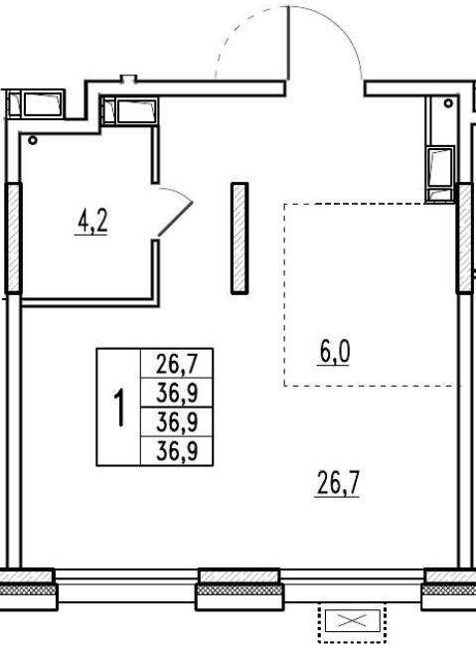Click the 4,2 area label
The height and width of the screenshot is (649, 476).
click(x=92, y=222)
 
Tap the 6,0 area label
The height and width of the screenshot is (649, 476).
click(x=335, y=352)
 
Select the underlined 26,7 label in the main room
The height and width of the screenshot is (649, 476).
click(x=338, y=483)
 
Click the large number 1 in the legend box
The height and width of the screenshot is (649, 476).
click(x=119, y=407)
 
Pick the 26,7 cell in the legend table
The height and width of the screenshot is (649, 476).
click(x=177, y=364)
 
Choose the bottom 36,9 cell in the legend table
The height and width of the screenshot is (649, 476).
click(x=177, y=451)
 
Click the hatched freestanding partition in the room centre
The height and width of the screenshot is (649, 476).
click(x=239, y=239)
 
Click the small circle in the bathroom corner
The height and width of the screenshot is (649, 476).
click(x=33, y=141)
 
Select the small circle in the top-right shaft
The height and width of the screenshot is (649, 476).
click(x=448, y=103)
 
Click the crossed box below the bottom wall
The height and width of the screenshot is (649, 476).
click(x=352, y=620)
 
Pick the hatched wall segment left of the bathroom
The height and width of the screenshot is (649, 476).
click(x=13, y=238)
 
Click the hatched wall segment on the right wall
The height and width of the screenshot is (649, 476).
click(x=464, y=238)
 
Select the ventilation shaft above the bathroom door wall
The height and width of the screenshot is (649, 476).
click(x=129, y=111)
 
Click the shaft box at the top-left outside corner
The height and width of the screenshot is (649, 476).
click(x=36, y=104)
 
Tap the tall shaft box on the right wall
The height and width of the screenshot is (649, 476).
click(x=440, y=174)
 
